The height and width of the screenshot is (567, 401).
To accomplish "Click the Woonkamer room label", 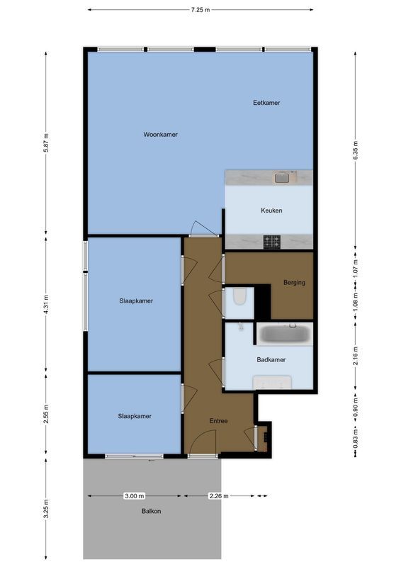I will click(x=160, y=134).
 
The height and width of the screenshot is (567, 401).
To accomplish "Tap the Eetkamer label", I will click(x=266, y=103).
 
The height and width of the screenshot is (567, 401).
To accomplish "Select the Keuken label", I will click(x=271, y=210).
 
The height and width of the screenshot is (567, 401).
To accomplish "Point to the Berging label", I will click(x=293, y=283).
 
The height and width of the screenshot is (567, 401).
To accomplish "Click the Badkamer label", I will click(x=271, y=360).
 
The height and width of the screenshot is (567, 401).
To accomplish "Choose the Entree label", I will click(x=218, y=421).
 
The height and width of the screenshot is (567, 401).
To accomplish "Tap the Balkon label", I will click(x=150, y=530).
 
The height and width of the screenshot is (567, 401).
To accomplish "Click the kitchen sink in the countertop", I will click(x=282, y=178).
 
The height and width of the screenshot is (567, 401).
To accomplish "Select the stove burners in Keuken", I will click(x=272, y=242).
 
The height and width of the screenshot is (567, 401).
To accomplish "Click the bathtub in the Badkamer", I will click(x=283, y=334).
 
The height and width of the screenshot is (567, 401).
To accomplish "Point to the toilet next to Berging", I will click(x=239, y=296).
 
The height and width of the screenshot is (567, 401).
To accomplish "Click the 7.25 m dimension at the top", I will click(x=200, y=10).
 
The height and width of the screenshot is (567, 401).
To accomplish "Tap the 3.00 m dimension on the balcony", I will click(x=134, y=496).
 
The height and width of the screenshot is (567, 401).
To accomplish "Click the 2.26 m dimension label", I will click(x=219, y=496).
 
